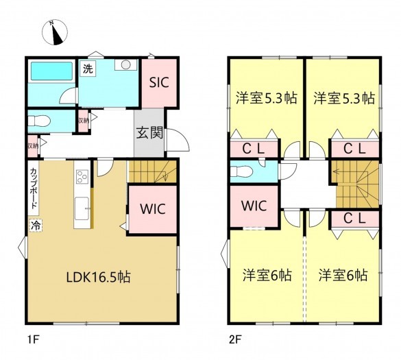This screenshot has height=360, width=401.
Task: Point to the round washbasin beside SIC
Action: point(125,66)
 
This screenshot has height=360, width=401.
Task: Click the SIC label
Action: point(160,82)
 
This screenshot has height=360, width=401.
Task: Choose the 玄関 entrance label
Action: point(149,133)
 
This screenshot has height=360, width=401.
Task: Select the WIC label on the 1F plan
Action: point(154,208)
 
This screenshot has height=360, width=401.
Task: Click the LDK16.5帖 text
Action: point(99,278)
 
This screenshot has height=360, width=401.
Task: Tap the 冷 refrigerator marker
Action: point(34,224)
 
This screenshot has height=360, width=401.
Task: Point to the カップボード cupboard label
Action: point(34,189)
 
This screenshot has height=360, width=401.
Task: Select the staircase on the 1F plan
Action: point(153,171)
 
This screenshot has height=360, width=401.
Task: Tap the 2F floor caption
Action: point(235,338)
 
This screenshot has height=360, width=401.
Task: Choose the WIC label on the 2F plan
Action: point(253,206)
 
